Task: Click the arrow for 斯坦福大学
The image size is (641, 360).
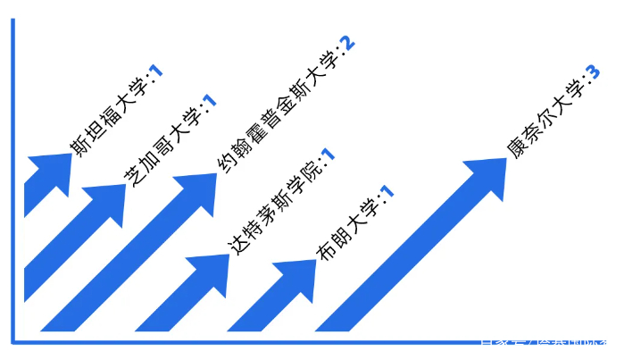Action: (45, 179)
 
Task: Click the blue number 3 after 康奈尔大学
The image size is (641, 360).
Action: (593, 71)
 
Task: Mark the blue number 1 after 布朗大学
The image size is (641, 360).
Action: (387, 191)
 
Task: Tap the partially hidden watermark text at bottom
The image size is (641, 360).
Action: (545, 340)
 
